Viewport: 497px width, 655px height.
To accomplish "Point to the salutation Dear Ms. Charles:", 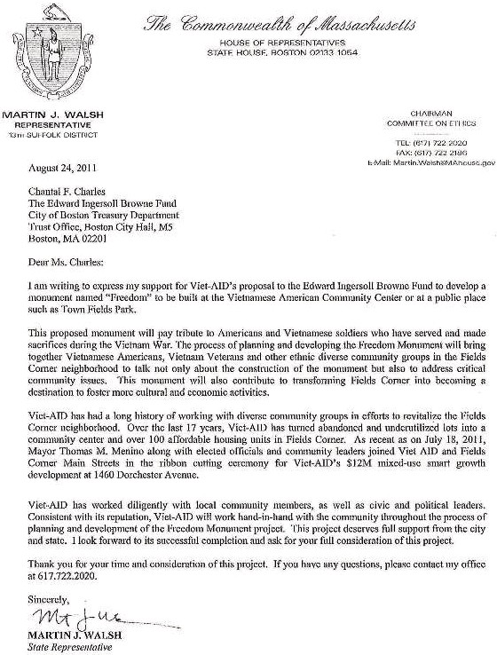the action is pyautogui.click(x=65, y=262).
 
